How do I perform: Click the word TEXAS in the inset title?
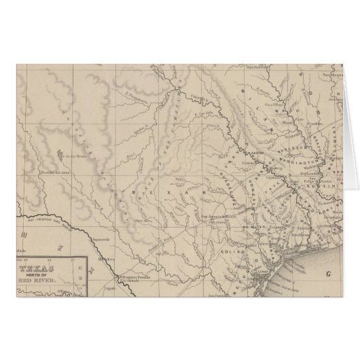(42, 268)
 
